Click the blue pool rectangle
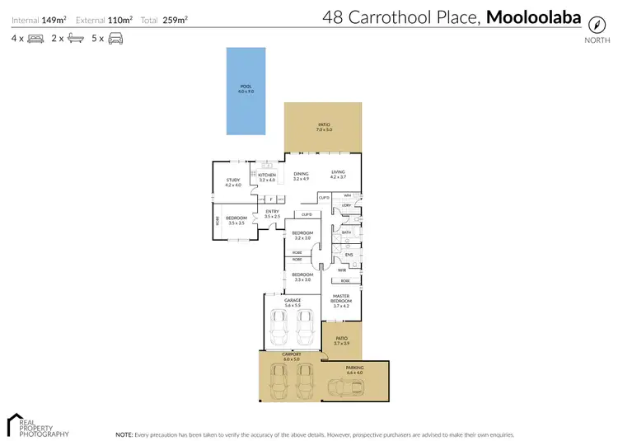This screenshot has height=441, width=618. (x=246, y=90)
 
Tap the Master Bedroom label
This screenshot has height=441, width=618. (x=342, y=298)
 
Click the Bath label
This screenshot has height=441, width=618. (x=347, y=233)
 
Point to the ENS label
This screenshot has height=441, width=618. (x=348, y=255)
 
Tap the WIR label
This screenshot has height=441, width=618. (x=341, y=270)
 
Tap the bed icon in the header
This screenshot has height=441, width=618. (x=35, y=38)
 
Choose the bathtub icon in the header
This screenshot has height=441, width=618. (x=75, y=38)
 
